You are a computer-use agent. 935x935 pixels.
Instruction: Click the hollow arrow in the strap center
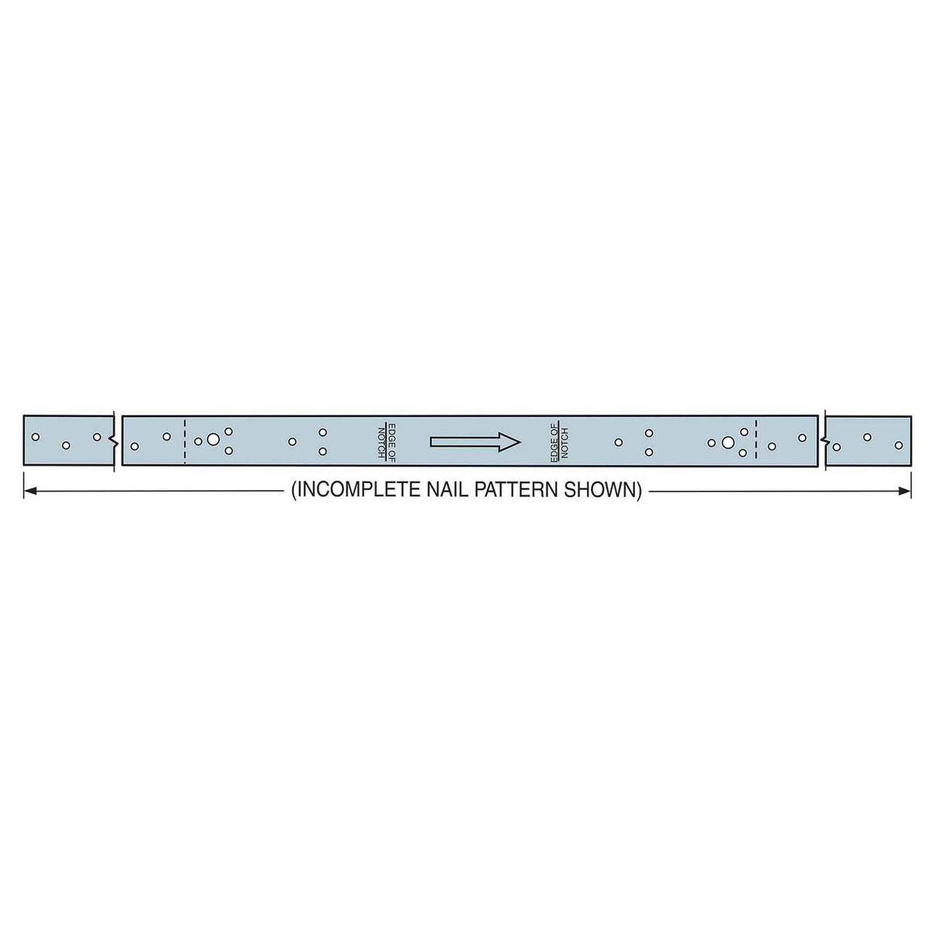click(x=474, y=442)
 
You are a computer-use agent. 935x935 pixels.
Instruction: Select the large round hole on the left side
click(x=213, y=440)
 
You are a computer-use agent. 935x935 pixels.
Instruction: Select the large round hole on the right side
click(x=727, y=442)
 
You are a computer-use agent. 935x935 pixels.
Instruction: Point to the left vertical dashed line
click(x=185, y=440)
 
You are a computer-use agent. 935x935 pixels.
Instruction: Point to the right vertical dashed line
click(x=756, y=440)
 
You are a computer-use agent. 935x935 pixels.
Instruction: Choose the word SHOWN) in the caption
click(x=609, y=491)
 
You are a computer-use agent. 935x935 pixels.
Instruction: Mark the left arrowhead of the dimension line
click(x=29, y=491)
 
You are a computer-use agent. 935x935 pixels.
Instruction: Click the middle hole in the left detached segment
click(x=66, y=445)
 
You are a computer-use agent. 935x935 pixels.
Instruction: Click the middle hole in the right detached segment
click(x=868, y=437)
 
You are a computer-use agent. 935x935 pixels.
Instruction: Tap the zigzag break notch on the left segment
click(x=115, y=442)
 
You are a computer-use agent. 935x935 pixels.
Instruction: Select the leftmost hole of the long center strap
click(x=135, y=446)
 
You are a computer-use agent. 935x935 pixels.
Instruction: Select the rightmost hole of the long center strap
click(x=802, y=438)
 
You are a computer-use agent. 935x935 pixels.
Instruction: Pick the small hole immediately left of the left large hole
click(x=198, y=441)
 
